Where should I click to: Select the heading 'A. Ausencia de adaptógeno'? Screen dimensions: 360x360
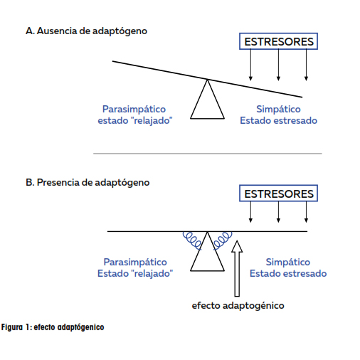[x=86, y=31]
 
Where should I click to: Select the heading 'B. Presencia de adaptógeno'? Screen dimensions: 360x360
[x=88, y=183]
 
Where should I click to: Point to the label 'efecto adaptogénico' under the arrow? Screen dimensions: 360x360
[x=238, y=305]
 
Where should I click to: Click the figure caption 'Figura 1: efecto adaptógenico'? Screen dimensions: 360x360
[x=53, y=327]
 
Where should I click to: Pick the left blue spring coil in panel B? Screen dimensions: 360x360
[x=192, y=240]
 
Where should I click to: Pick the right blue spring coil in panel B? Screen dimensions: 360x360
[x=223, y=240]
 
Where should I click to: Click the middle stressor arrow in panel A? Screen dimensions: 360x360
[x=278, y=65]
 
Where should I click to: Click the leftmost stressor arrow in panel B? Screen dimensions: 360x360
[x=250, y=212]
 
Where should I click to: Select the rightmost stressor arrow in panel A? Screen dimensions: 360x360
[x=306, y=65]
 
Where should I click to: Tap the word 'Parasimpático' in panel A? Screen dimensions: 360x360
[x=134, y=110]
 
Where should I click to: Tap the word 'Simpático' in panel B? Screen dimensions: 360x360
[x=288, y=262]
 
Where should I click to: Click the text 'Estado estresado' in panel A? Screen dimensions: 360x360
[x=278, y=120]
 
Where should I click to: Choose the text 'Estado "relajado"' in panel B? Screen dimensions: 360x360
[x=135, y=273]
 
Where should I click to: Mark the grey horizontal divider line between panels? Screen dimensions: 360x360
[x=208, y=154]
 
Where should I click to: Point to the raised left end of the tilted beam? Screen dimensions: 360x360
[x=112, y=61]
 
